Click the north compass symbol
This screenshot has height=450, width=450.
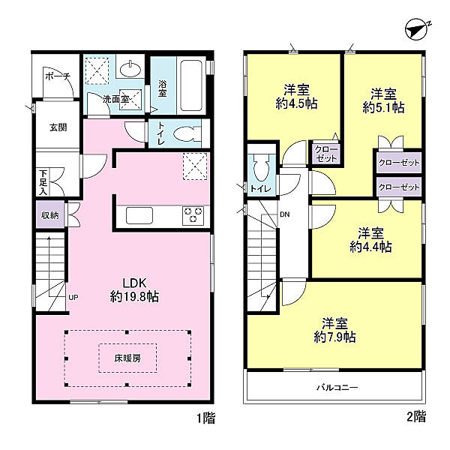tap(415, 30)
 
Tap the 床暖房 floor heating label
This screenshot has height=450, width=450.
tap(127, 358)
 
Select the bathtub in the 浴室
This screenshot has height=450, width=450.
tap(190, 85)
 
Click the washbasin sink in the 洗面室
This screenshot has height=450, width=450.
tap(130, 69)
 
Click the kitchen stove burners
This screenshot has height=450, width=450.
tap(193, 215)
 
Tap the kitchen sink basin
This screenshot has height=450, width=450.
tap(139, 215)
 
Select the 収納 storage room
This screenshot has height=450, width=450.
tap(50, 215)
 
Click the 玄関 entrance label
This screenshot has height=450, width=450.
tap(58, 127)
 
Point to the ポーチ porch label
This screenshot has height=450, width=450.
tap(58, 76)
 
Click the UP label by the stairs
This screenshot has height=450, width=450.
tap(73, 298)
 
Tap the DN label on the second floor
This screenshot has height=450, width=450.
tap(285, 214)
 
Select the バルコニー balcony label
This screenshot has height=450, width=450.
tap(337, 388)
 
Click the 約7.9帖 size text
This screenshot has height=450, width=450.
tap(335, 337)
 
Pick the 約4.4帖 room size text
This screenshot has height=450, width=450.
tap(370, 247)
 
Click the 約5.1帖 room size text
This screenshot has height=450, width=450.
tap(384, 107)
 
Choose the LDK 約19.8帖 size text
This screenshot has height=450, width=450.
tap(134, 289)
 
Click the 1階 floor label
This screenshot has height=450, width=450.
tap(205, 418)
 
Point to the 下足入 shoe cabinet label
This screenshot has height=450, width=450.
tap(43, 182)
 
